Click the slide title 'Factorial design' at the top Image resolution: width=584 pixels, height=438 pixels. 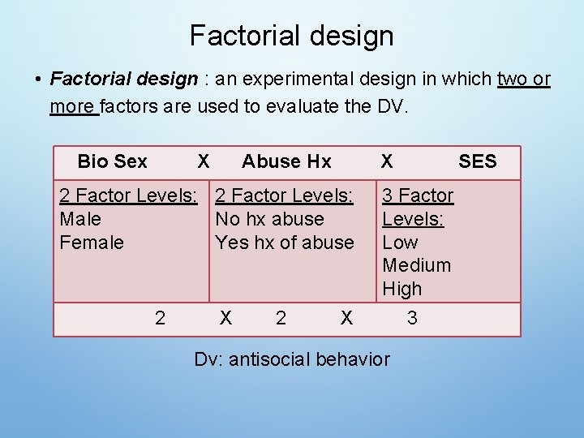tap(291, 36)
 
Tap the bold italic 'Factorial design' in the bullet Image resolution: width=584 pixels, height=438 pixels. tap(123, 79)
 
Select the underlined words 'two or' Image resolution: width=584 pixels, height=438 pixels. tap(524, 79)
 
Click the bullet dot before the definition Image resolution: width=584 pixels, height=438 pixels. tap(38, 80)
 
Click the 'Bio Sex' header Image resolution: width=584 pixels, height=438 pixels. tap(112, 161)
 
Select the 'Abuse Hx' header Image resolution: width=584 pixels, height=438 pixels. tap(286, 161)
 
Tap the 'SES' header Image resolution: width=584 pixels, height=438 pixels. tap(477, 161)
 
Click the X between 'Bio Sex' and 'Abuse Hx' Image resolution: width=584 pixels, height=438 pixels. tap(204, 161)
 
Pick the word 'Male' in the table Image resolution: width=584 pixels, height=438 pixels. tap(80, 219)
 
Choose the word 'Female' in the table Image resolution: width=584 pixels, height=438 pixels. tap(92, 243)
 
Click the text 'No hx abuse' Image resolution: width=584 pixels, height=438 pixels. tap(269, 219)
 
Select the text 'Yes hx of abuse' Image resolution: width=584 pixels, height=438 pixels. tap(284, 243)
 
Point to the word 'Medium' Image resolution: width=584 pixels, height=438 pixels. tap(416, 265)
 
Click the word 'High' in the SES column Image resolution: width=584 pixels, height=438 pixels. tap(401, 289)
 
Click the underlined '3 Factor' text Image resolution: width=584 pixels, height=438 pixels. tap(418, 195)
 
